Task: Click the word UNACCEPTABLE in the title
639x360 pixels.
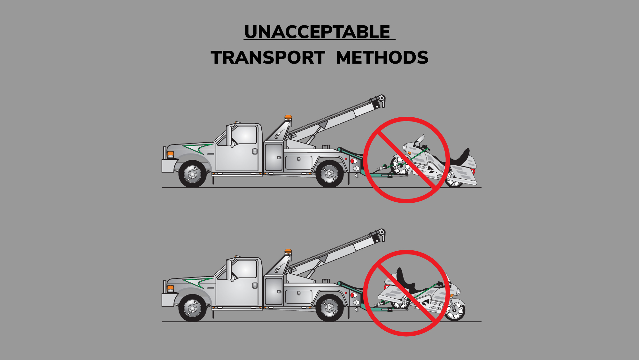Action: pos(317,32)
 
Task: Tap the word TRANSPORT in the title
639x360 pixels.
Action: pos(268,58)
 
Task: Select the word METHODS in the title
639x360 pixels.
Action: pos(382,58)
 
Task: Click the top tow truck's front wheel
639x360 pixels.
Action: pos(192,174)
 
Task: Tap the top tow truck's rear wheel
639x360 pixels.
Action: pos(329,174)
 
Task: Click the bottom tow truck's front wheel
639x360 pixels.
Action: pos(192,308)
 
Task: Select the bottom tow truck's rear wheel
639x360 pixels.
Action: pos(329,308)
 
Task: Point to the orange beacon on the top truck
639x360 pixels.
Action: pos(288,117)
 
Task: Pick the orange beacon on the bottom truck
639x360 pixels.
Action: pos(288,251)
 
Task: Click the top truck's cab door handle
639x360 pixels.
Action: pos(255,151)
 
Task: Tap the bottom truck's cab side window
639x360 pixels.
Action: pos(244,269)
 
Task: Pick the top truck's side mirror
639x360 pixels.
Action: pos(229,136)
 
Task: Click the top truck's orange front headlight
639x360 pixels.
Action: pos(171,154)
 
